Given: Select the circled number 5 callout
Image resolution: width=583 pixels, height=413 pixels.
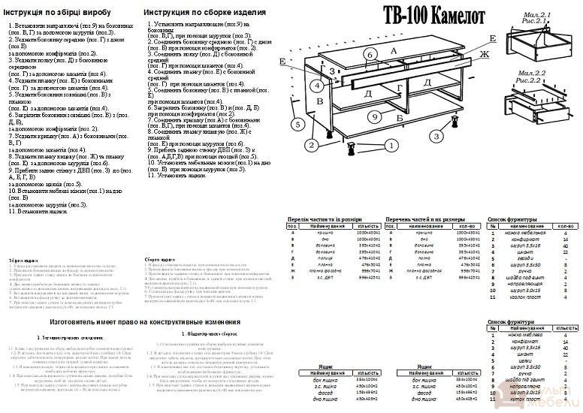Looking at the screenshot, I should pos(298,124).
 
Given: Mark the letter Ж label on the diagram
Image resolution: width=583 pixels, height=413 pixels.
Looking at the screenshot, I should pos(485,54).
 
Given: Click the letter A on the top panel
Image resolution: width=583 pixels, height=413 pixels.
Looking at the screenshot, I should pos(392,50).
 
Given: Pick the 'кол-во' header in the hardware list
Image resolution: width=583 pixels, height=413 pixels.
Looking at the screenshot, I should pos(565,226).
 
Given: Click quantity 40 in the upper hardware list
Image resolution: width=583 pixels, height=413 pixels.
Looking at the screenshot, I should pos(565,251).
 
